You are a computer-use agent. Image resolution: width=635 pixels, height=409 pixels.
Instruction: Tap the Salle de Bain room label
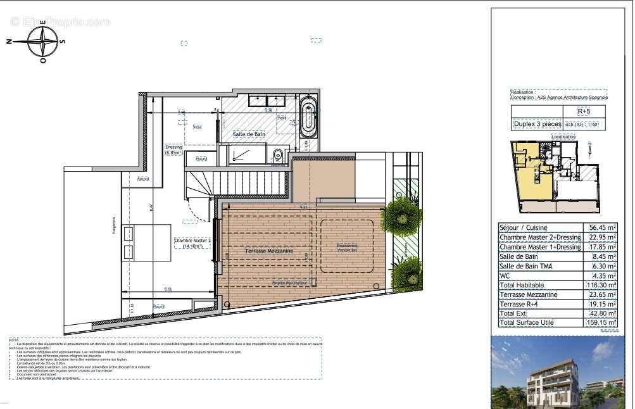pyautogui.click(x=248, y=134)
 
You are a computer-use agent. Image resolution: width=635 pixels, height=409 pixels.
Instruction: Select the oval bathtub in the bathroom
pyautogui.click(x=308, y=117)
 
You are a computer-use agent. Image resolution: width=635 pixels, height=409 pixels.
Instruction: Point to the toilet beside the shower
pyautogui.click(x=277, y=156)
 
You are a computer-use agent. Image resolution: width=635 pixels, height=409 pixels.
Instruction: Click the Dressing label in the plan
pyautogui.click(x=173, y=149)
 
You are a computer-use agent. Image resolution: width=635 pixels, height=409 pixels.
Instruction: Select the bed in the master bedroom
pyautogui.click(x=146, y=242)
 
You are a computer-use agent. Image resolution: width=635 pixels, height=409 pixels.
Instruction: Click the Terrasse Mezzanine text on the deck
pyautogui.click(x=269, y=251)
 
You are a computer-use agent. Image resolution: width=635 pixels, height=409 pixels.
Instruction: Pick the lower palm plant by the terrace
pyautogui.click(x=406, y=274)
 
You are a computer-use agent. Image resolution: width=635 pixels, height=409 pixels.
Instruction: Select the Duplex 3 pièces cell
pyautogui.click(x=536, y=125)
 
